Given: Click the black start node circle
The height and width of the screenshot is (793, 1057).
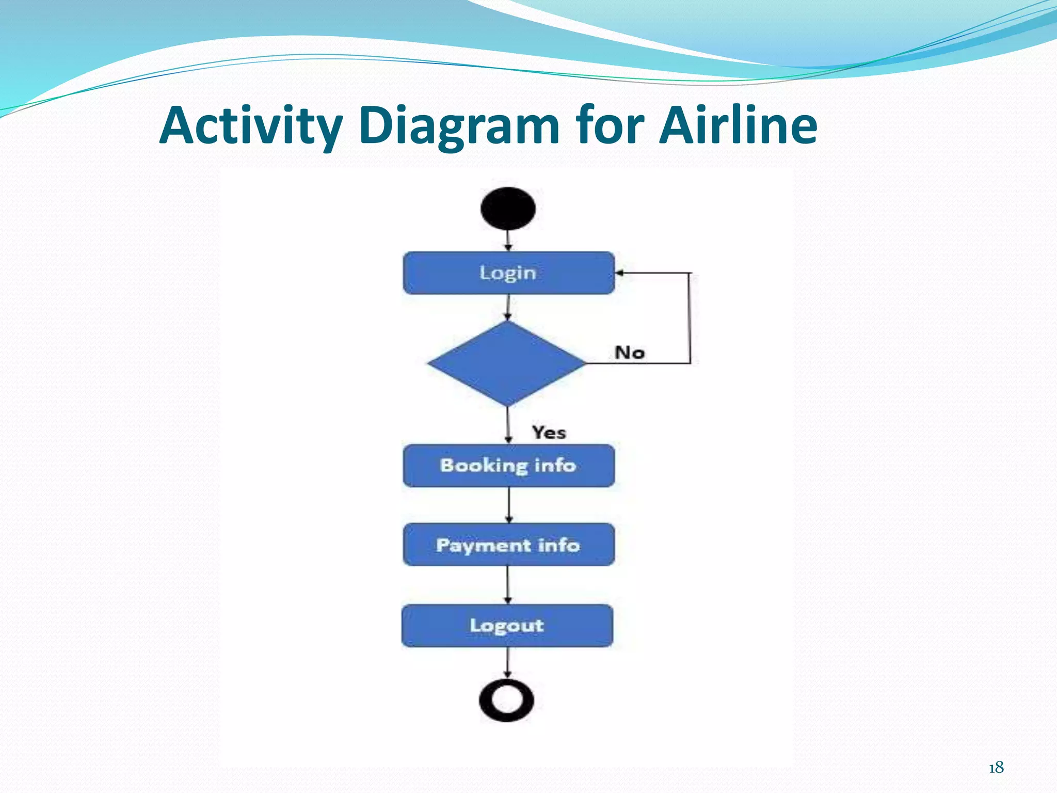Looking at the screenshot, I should tap(508, 209).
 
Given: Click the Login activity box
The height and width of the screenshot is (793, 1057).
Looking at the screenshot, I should tap(508, 273).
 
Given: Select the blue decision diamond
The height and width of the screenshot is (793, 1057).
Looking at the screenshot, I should tap(507, 363).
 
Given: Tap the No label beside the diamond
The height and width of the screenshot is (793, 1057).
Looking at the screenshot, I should tap(630, 353).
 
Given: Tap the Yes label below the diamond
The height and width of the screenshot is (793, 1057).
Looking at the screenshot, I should tap(549, 432).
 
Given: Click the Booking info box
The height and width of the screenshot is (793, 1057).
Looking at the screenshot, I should tap(508, 466).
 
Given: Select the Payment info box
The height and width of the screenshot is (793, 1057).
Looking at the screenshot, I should tap(508, 545).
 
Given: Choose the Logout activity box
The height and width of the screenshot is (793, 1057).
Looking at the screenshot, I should tap(507, 626).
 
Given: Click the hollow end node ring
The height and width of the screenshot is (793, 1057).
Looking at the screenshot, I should tap(506, 700).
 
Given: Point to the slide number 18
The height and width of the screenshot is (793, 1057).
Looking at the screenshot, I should tap(996, 768).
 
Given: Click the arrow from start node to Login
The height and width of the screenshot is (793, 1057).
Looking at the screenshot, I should tap(508, 241).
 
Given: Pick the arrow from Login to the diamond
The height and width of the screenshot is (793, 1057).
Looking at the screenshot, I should tap(508, 308).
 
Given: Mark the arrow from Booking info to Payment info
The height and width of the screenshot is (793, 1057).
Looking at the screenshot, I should tap(509, 505).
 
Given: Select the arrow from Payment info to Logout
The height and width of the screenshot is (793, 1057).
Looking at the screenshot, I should tap(508, 585).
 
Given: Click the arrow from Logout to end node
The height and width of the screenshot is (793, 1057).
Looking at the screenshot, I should tap(507, 662).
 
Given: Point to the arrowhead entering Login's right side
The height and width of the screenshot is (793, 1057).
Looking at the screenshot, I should tap(620, 273).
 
